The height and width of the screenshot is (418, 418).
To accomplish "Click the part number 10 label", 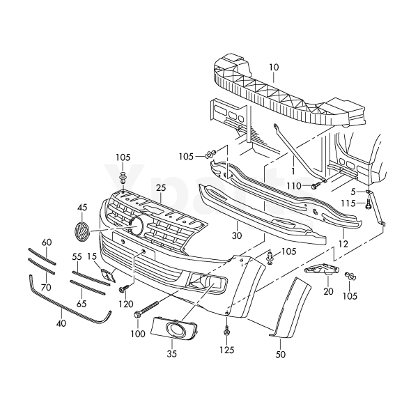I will (273, 68).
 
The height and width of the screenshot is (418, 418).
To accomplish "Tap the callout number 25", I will (161, 189).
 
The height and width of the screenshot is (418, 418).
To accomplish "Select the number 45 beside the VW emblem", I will (82, 208).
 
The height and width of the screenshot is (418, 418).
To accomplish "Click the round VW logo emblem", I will (82, 231).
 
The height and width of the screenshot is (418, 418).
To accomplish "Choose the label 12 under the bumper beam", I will (343, 245).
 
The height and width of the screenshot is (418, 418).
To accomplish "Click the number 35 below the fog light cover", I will (171, 354).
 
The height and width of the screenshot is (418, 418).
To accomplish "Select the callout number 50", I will (281, 354).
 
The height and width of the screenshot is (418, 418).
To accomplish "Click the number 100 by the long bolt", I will (137, 334).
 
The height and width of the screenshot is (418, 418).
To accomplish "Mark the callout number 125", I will (227, 350).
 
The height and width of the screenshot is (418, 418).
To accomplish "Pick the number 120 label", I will (125, 305).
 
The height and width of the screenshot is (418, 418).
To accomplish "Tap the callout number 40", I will (61, 324).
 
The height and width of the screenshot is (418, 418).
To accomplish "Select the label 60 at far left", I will (47, 242).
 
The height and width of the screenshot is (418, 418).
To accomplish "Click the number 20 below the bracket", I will (329, 292).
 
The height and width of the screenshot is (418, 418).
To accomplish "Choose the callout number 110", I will (294, 186).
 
